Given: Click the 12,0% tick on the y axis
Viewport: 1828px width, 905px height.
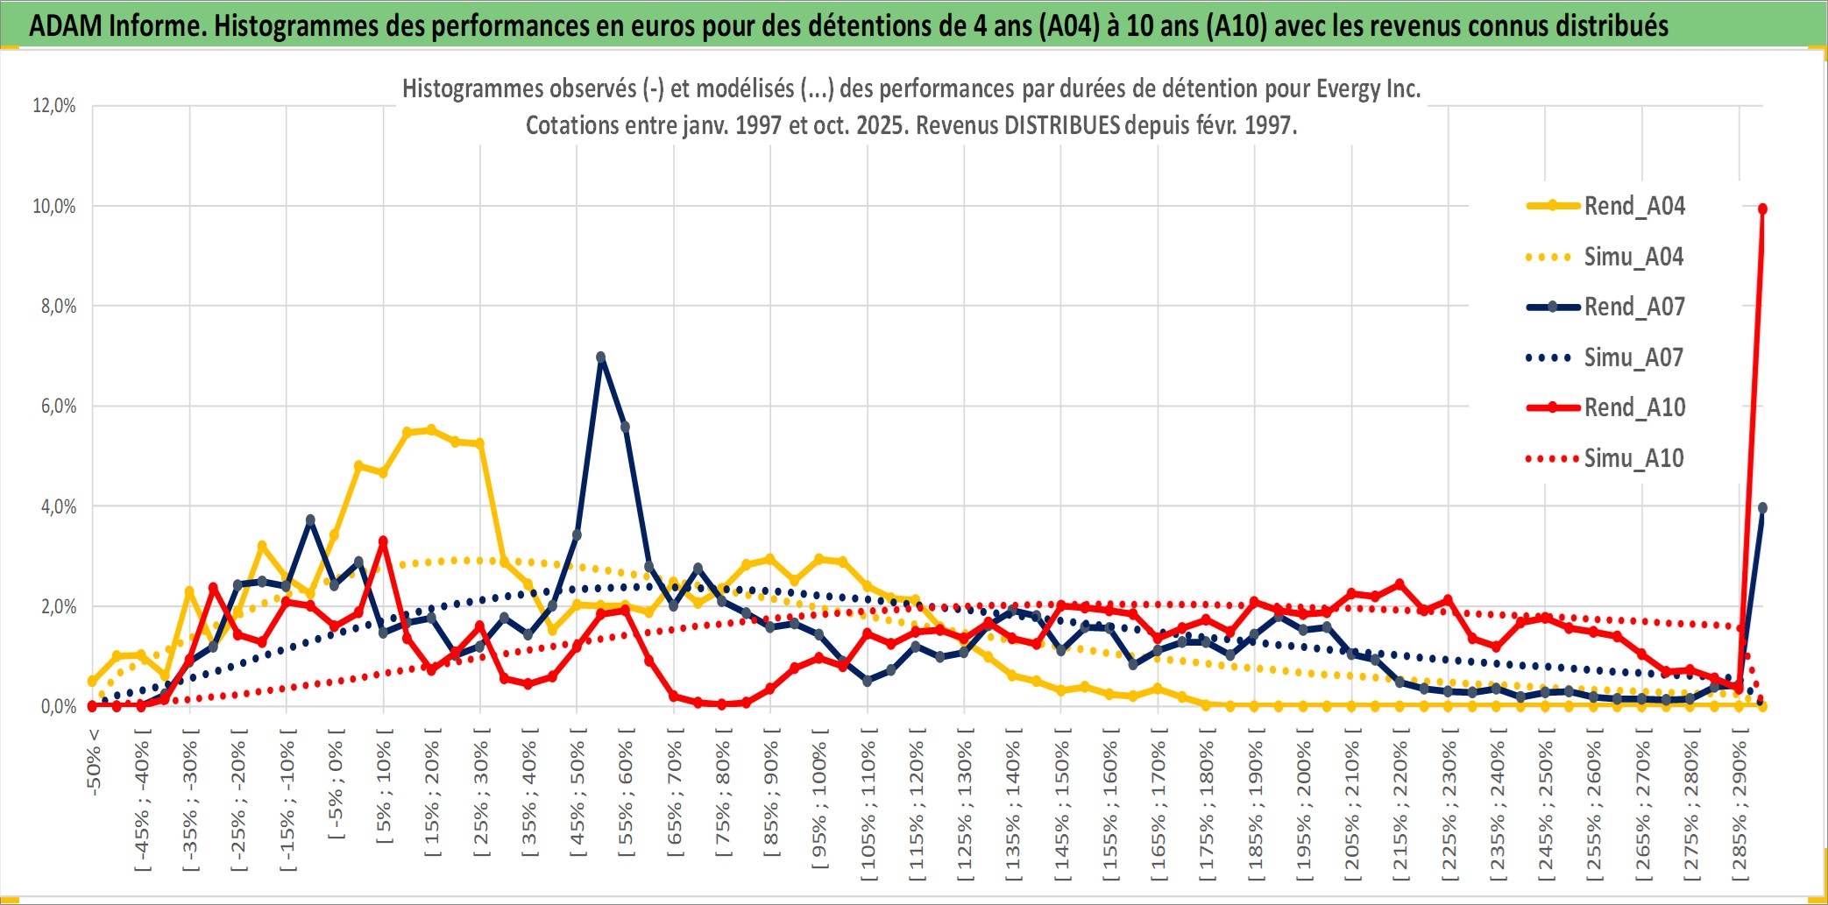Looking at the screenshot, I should click(x=54, y=106).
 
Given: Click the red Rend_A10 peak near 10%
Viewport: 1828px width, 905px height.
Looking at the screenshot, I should click(x=1762, y=209).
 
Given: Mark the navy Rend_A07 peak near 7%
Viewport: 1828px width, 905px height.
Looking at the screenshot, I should click(x=601, y=357).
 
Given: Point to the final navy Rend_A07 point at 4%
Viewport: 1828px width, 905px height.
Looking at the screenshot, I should click(x=1762, y=508).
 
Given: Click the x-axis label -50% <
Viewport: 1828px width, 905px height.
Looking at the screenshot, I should click(x=94, y=762).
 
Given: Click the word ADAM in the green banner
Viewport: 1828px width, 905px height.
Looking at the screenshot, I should click(x=66, y=26).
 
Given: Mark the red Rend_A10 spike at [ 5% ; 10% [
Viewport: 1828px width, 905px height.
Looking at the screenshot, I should click(x=383, y=541).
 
